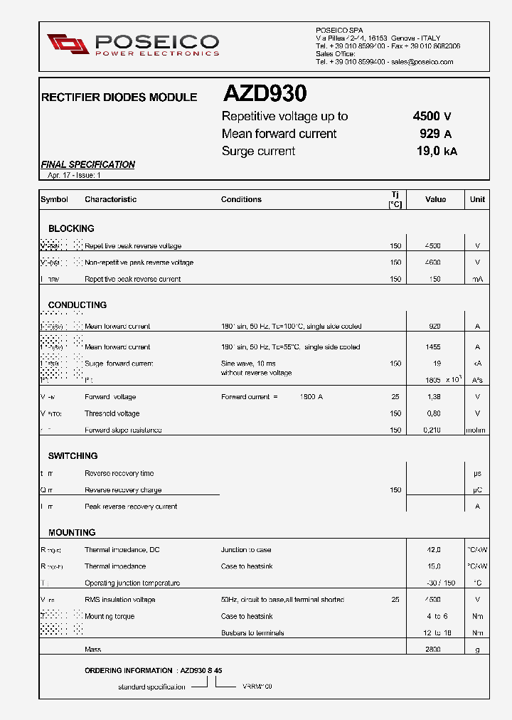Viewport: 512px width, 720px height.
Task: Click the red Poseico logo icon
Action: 68,43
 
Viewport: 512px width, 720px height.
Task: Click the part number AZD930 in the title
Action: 265,94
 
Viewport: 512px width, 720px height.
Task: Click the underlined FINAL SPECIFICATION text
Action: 87,164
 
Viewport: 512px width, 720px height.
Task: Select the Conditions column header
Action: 241,200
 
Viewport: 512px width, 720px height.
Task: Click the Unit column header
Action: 477,200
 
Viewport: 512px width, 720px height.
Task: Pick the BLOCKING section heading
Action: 71,228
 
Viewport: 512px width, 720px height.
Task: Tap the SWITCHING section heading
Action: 73,455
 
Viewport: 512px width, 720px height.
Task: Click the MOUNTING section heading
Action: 72,532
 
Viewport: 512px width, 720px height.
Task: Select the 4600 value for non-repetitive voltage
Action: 432,263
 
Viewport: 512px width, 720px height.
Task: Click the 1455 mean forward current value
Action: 432,347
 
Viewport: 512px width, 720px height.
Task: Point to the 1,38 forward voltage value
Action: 432,397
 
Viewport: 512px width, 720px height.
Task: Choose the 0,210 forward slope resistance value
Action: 432,430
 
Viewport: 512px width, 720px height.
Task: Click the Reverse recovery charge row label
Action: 123,490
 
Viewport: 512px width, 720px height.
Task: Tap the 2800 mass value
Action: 432,650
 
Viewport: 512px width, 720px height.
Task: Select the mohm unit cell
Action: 476,430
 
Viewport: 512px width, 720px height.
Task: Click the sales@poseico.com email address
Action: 422,62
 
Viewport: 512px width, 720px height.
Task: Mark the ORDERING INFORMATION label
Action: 128,670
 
